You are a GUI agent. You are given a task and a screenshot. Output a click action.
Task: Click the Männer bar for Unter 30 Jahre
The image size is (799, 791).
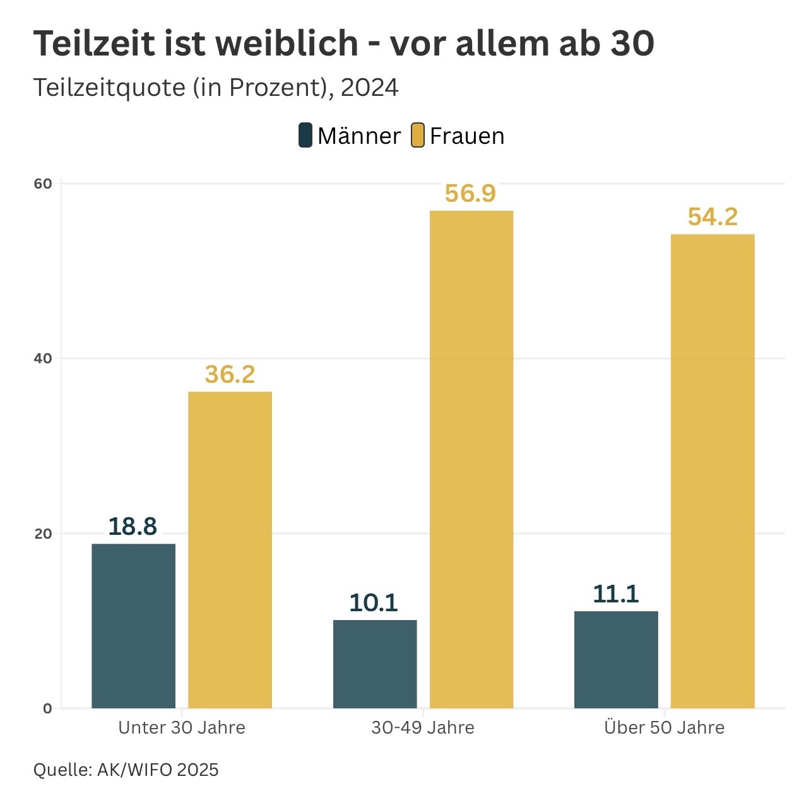click(x=133, y=625)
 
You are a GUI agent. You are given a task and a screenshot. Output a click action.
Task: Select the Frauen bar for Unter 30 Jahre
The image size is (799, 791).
click(x=230, y=549)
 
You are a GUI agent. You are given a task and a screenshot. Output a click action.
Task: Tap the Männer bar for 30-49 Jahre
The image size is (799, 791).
click(x=375, y=664)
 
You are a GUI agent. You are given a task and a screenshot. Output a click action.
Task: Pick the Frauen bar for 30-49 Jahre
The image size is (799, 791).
click(x=471, y=459)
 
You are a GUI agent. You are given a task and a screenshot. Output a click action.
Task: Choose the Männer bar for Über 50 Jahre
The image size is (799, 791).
click(x=616, y=659)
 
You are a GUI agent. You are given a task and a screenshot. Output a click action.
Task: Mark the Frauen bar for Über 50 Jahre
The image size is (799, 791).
click(x=713, y=471)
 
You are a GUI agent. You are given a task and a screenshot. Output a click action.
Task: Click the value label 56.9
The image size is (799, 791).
click(x=470, y=193)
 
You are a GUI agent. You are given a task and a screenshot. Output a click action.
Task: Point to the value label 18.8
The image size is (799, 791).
click(x=133, y=526)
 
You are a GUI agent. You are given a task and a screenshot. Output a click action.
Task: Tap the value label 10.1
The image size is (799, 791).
click(x=374, y=603)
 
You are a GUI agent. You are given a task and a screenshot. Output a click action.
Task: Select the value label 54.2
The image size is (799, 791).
click(x=713, y=217)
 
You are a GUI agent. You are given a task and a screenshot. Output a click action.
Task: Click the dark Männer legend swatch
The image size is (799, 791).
click(x=305, y=136)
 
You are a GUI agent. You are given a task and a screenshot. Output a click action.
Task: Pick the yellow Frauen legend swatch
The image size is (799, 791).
click(x=417, y=136)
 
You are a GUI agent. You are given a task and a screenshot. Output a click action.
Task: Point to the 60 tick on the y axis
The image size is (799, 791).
click(x=43, y=184)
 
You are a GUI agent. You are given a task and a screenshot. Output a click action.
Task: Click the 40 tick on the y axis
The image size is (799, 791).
click(x=43, y=359)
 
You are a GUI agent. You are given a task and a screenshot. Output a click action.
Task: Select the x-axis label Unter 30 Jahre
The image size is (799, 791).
click(x=182, y=727)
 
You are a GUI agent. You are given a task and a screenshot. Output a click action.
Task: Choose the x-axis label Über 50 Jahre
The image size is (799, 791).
click(x=664, y=727)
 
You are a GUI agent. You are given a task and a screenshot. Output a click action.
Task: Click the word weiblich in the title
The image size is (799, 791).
click(x=287, y=44)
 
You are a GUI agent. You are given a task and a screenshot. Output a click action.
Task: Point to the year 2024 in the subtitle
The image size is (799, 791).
click(x=370, y=88)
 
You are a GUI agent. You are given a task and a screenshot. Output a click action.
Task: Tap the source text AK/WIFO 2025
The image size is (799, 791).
click(x=158, y=770)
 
